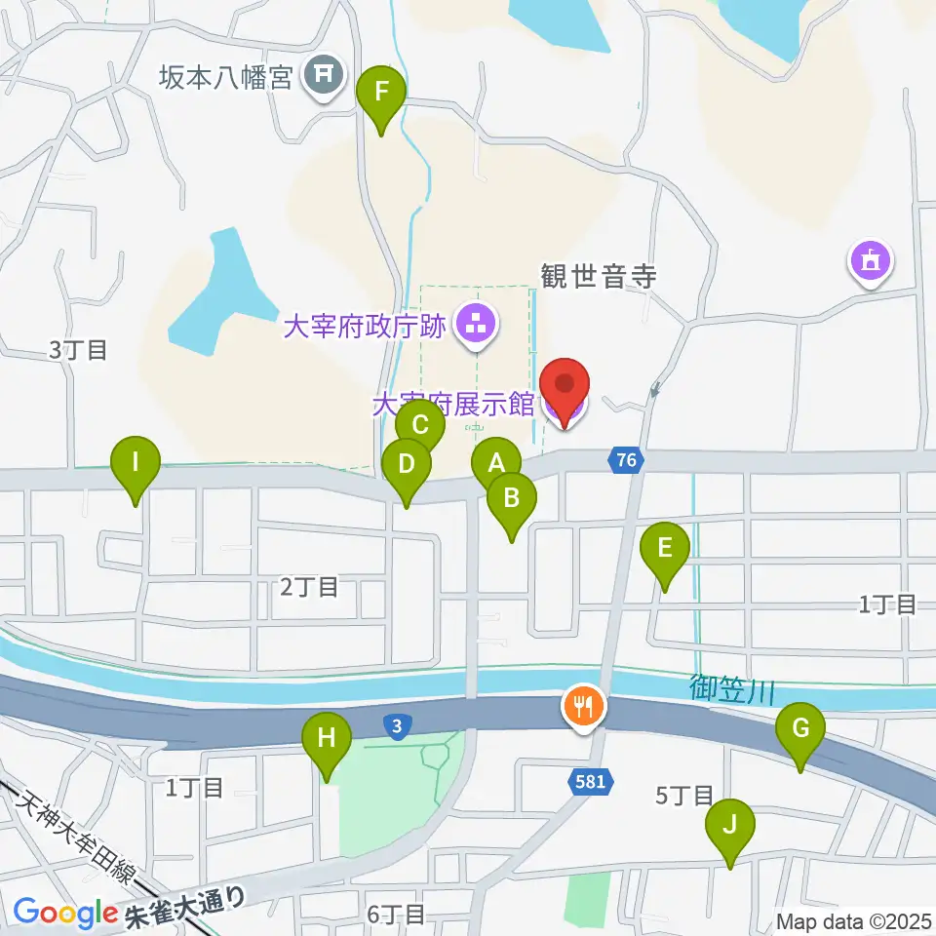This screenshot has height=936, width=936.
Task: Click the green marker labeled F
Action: [x=381, y=95]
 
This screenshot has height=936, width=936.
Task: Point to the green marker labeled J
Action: [x=730, y=825]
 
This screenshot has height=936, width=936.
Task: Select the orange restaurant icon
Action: [x=584, y=707]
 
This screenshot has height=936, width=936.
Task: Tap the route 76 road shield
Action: [x=627, y=459]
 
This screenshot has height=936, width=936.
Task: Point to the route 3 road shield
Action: [x=396, y=725]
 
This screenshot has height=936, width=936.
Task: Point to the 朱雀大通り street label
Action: [x=185, y=909]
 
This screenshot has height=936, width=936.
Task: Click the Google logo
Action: [x=64, y=913]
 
